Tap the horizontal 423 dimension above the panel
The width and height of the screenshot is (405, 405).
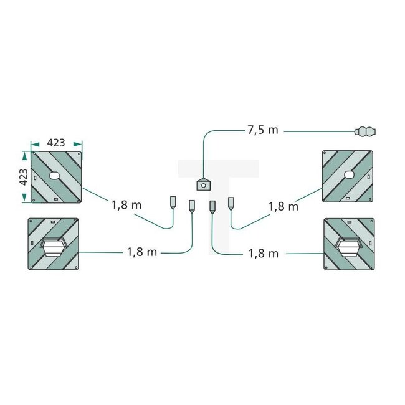click(x=56, y=141)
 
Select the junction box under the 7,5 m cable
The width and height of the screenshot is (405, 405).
click(x=203, y=184)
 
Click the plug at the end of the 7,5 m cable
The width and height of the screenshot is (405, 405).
click(x=366, y=131)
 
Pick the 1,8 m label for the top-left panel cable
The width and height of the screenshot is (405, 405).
click(x=127, y=204)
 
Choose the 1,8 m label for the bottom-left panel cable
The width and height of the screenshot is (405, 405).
click(x=142, y=252)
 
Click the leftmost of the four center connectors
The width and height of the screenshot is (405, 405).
click(x=173, y=202)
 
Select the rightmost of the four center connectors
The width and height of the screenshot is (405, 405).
click(x=231, y=202)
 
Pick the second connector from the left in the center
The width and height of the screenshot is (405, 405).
click(x=192, y=206)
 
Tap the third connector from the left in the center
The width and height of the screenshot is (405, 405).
click(x=212, y=206)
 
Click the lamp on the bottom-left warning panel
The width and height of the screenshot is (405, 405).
click(x=54, y=247)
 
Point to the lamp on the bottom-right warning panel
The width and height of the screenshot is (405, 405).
click(x=349, y=247)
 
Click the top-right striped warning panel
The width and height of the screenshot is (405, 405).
click(x=348, y=176)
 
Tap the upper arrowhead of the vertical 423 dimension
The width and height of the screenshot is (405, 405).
click(x=25, y=155)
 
